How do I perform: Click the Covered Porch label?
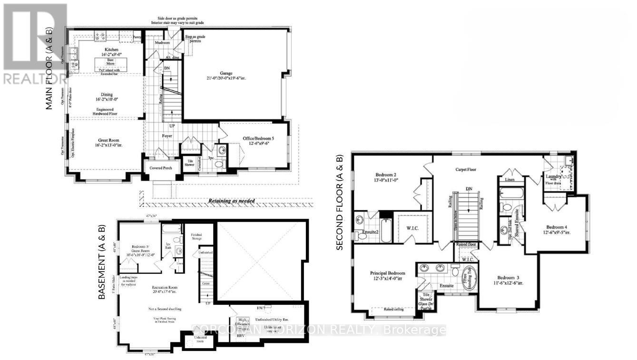(162, 168)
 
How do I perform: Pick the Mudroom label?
(162, 42)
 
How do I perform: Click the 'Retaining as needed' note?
(232, 201)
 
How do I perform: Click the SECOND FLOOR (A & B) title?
(339, 203)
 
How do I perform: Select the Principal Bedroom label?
(388, 273)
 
